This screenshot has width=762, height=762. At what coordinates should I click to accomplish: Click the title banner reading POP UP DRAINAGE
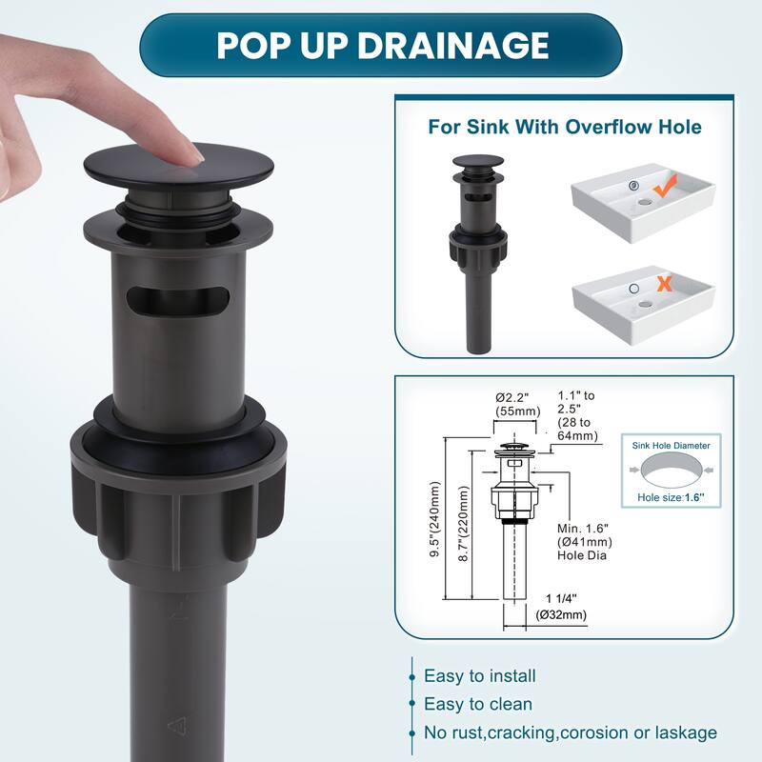(380, 45)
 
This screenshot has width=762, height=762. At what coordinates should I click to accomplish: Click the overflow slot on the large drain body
(177, 301)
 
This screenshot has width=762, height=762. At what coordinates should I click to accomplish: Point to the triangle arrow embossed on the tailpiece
(177, 727)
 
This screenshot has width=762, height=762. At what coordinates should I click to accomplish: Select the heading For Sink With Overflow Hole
(565, 127)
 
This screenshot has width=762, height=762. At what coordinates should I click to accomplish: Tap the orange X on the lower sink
(664, 283)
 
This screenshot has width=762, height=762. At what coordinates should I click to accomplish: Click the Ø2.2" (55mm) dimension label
(517, 404)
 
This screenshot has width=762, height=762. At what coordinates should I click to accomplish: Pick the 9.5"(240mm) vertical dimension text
(435, 519)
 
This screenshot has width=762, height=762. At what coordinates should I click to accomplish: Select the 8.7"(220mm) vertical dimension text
(464, 524)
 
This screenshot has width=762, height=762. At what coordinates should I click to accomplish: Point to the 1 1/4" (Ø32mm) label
(561, 607)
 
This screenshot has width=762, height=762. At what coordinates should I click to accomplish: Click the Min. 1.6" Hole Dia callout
(585, 542)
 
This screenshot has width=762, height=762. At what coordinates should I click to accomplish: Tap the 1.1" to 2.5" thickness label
(578, 415)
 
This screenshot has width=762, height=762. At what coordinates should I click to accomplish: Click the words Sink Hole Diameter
(672, 446)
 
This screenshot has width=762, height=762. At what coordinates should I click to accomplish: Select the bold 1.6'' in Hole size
(695, 497)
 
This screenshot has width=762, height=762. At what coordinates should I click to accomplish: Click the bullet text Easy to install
(480, 676)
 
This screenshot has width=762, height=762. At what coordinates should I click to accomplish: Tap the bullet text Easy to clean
(478, 704)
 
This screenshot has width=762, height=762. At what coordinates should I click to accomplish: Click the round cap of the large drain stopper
(179, 165)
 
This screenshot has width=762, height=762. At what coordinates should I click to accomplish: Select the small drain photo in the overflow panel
(478, 254)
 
